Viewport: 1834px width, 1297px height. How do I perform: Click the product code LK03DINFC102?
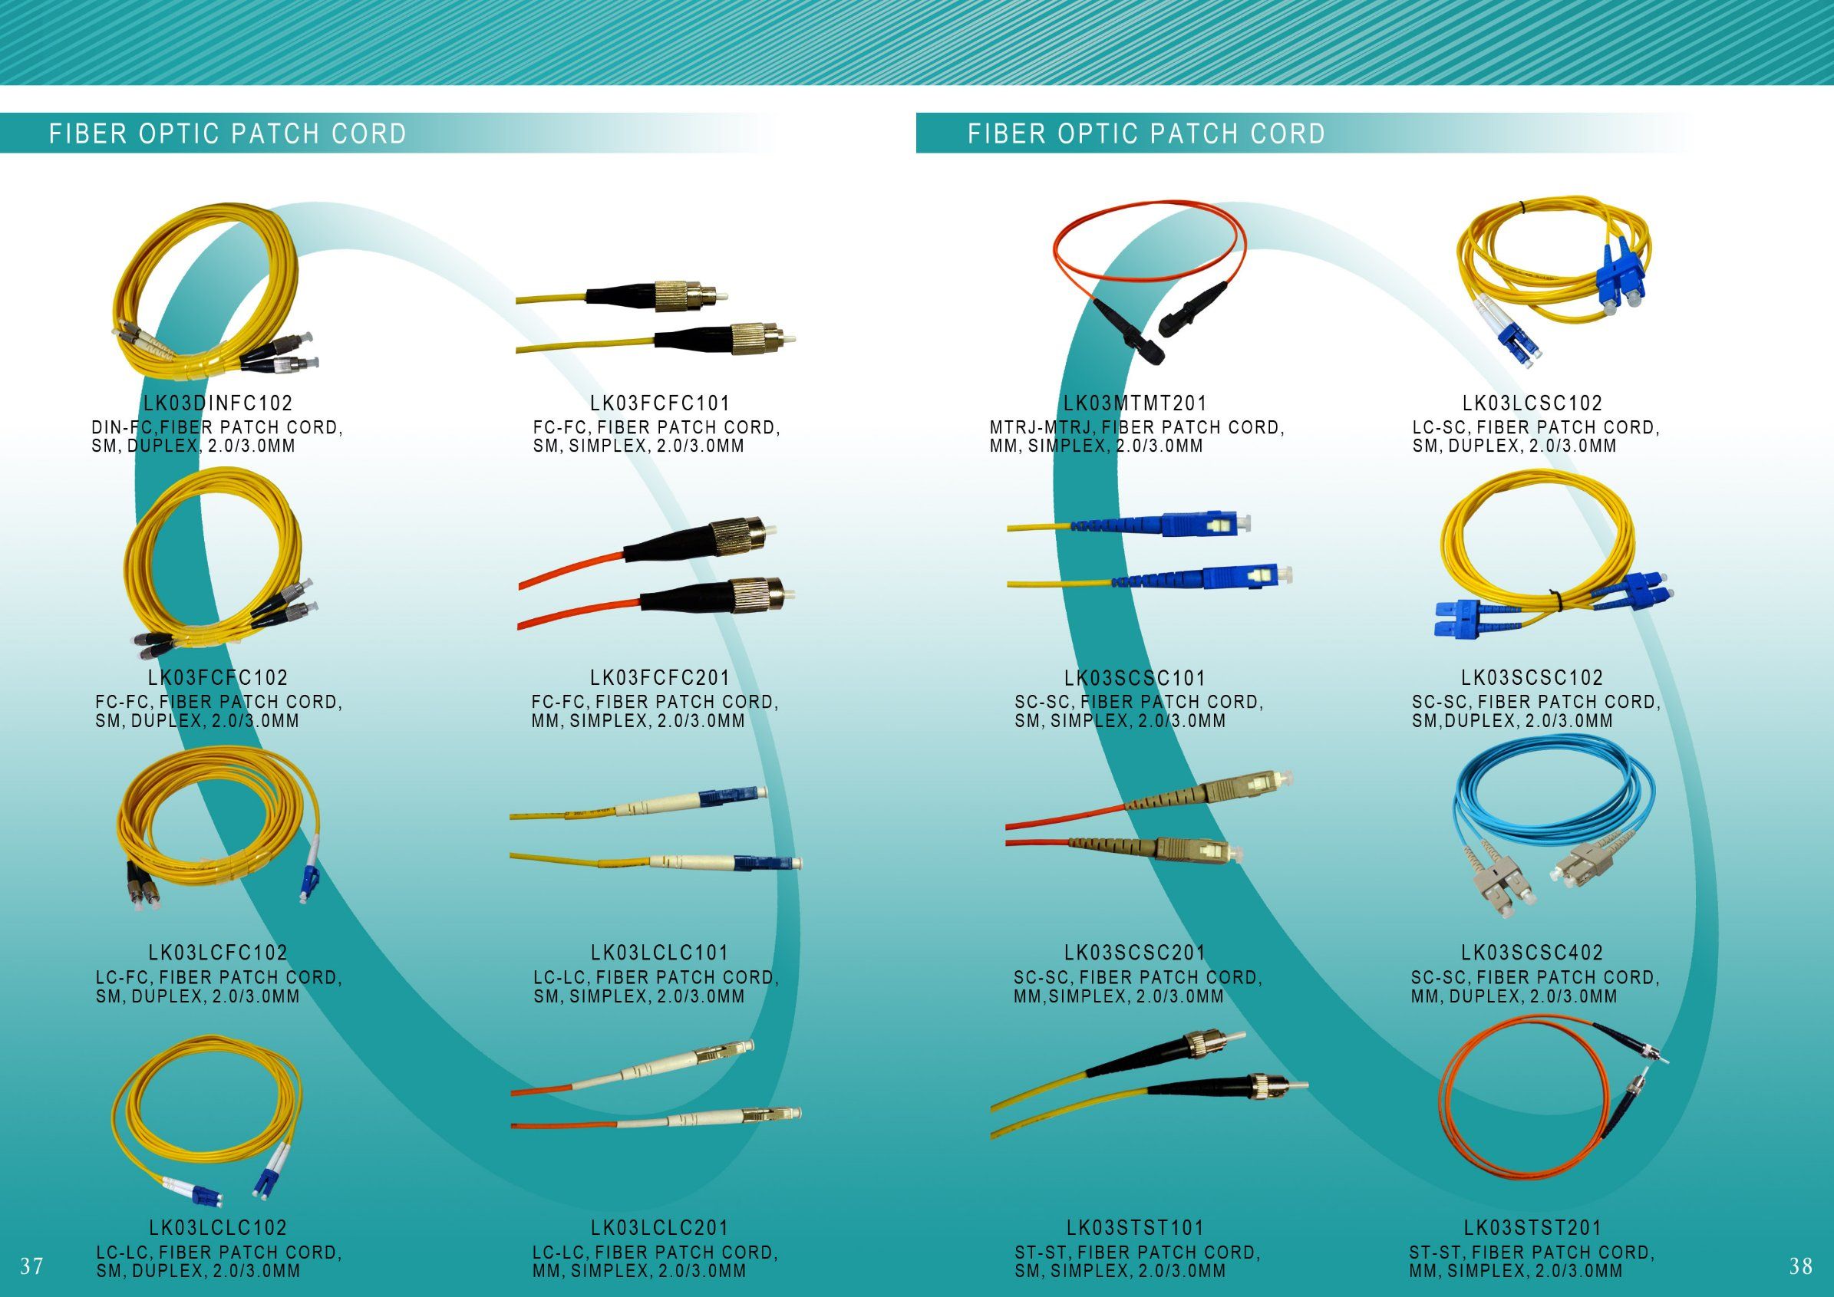point(218,403)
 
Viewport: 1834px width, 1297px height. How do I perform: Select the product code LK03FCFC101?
point(661,403)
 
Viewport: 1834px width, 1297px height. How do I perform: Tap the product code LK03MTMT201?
point(1135,403)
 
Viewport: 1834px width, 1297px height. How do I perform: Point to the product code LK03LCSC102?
point(1533,403)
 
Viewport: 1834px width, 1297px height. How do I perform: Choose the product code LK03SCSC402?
point(1533,953)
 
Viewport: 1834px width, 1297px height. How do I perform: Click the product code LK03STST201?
point(1533,1227)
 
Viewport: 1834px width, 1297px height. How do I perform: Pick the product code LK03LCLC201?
point(661,1227)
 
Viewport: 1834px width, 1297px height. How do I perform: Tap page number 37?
point(32,1266)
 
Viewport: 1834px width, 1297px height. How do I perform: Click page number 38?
point(1800,1266)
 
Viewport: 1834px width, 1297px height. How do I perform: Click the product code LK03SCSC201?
point(1135,953)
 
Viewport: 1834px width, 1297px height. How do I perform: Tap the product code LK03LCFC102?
point(218,953)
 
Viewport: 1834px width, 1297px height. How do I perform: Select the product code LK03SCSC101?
point(1135,678)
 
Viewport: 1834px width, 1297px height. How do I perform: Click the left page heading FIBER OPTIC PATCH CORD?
point(229,133)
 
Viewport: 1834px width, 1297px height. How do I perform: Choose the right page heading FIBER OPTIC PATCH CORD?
point(1147,133)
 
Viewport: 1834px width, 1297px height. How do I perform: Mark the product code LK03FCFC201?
point(661,678)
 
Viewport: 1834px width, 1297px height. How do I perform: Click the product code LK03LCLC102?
point(218,1227)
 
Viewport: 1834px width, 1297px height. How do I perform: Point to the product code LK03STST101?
point(1135,1227)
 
